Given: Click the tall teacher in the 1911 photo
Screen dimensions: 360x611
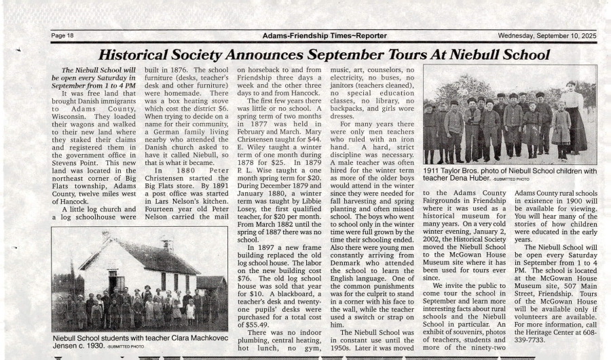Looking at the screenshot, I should tap(574, 115).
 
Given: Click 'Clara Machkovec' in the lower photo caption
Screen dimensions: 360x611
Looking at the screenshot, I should tap(181, 337).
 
